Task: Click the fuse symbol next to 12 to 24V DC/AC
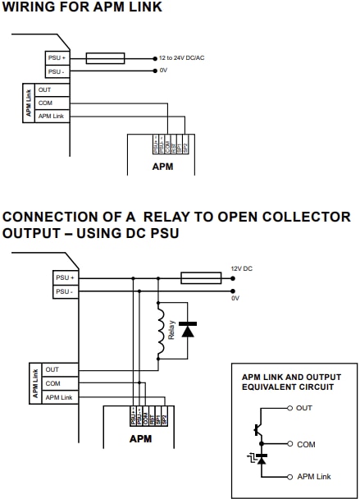[105, 58]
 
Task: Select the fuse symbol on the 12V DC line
[200, 278]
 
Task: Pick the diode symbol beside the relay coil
[188, 330]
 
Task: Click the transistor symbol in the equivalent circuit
[258, 428]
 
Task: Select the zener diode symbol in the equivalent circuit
[261, 460]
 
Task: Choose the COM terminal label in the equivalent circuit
[307, 443]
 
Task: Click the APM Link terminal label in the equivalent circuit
[314, 477]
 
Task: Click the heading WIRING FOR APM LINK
[82, 7]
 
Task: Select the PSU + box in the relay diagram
[66, 278]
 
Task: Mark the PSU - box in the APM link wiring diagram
[57, 71]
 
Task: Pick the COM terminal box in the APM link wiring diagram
[51, 103]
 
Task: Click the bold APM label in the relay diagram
[140, 439]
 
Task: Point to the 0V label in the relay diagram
[235, 298]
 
